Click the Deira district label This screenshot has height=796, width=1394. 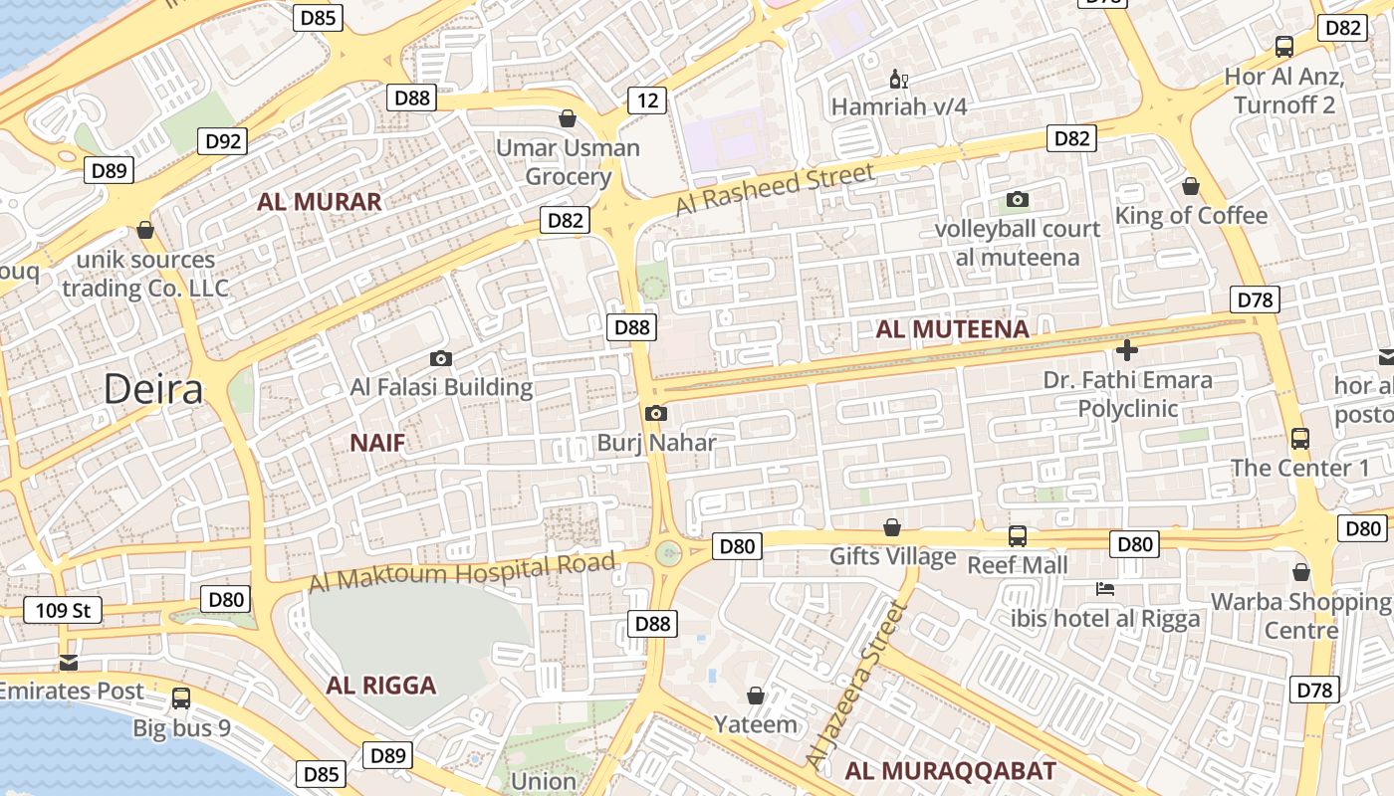click(153, 389)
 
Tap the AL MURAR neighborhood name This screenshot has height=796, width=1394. click(319, 202)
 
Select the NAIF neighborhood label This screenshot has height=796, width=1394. click(377, 443)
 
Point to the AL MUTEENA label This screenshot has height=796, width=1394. click(952, 329)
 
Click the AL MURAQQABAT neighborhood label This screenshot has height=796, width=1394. click(950, 771)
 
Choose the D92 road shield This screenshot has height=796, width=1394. click(224, 141)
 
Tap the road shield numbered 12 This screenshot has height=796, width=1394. click(647, 99)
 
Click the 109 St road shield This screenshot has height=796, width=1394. click(63, 610)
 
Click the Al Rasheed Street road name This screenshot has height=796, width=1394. click(775, 189)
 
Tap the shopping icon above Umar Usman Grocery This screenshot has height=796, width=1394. click(568, 119)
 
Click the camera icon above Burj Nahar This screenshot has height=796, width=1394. click(655, 413)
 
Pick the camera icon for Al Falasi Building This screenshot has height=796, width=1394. click(440, 358)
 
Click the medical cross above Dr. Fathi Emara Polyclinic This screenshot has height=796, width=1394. click(1127, 350)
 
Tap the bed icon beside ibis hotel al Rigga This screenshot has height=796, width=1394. click(1104, 589)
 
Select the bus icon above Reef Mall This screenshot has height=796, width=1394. click(1017, 536)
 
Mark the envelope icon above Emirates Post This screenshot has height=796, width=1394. click(68, 662)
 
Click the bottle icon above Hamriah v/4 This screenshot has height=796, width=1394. click(898, 79)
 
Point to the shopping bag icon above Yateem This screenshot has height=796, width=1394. click(756, 695)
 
